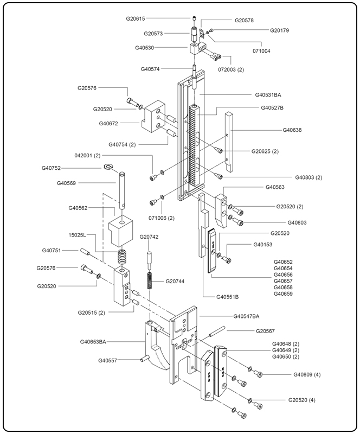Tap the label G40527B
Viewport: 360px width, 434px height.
point(272,107)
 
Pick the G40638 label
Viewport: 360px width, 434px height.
point(292,130)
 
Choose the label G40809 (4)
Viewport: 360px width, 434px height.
point(307,374)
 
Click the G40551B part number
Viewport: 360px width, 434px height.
point(228,297)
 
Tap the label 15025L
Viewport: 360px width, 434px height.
point(78,236)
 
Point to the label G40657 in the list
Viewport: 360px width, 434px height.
point(283,281)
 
